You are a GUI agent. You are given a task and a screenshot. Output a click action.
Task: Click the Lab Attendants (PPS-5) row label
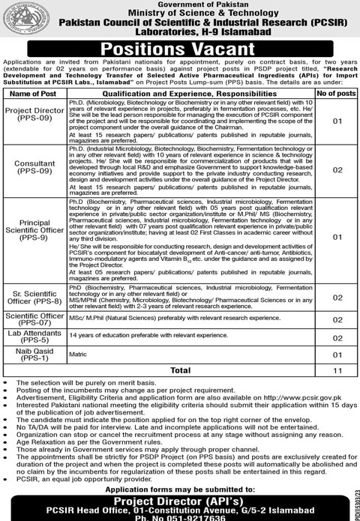[31, 337]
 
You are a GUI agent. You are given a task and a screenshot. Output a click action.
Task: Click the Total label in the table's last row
[181, 370]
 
